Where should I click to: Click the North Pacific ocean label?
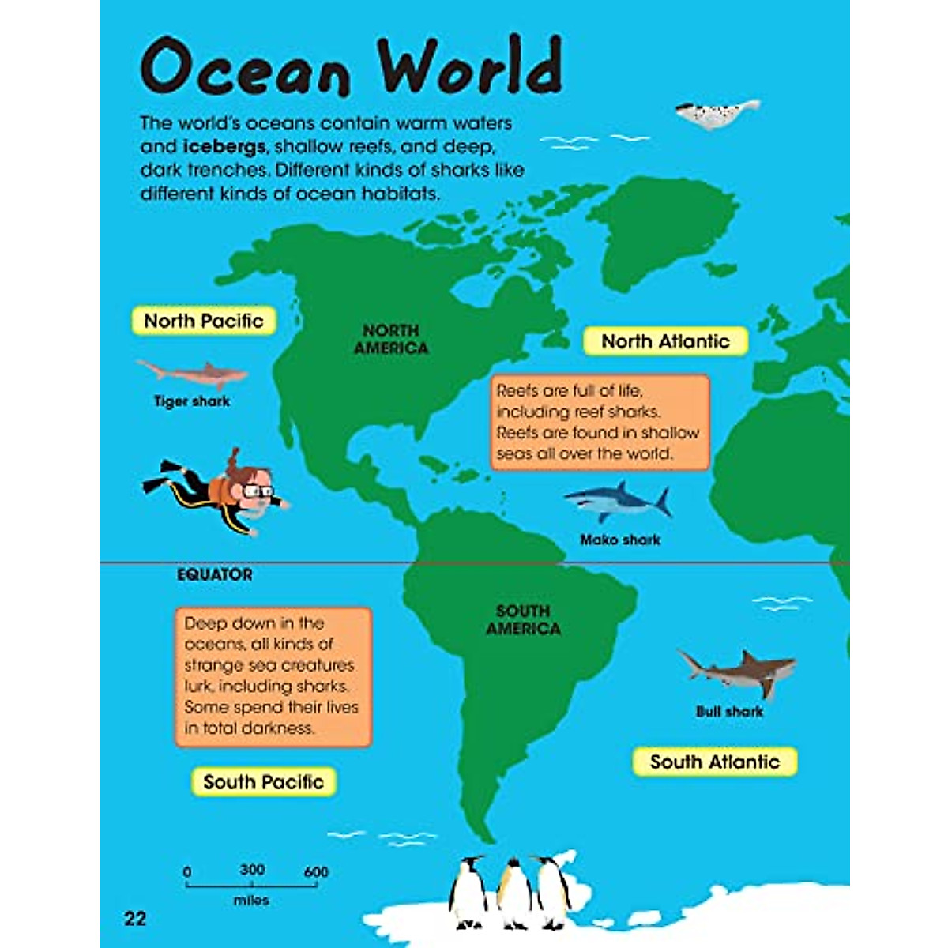[x=204, y=321]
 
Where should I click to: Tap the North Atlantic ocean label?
[x=665, y=341]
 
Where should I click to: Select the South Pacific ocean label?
[x=264, y=782]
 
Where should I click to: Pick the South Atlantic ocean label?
[x=715, y=762]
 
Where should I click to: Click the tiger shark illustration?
[x=192, y=372]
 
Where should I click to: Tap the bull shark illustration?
[x=738, y=672]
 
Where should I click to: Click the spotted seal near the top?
[x=716, y=113]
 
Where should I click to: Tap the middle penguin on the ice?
[x=514, y=893]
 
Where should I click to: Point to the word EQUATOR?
[x=215, y=575]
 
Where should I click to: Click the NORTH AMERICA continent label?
[x=391, y=340]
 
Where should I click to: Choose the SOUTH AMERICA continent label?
[x=523, y=620]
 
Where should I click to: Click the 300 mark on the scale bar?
[x=252, y=870]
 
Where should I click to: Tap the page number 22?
[x=135, y=918]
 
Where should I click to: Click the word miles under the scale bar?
[x=251, y=900]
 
